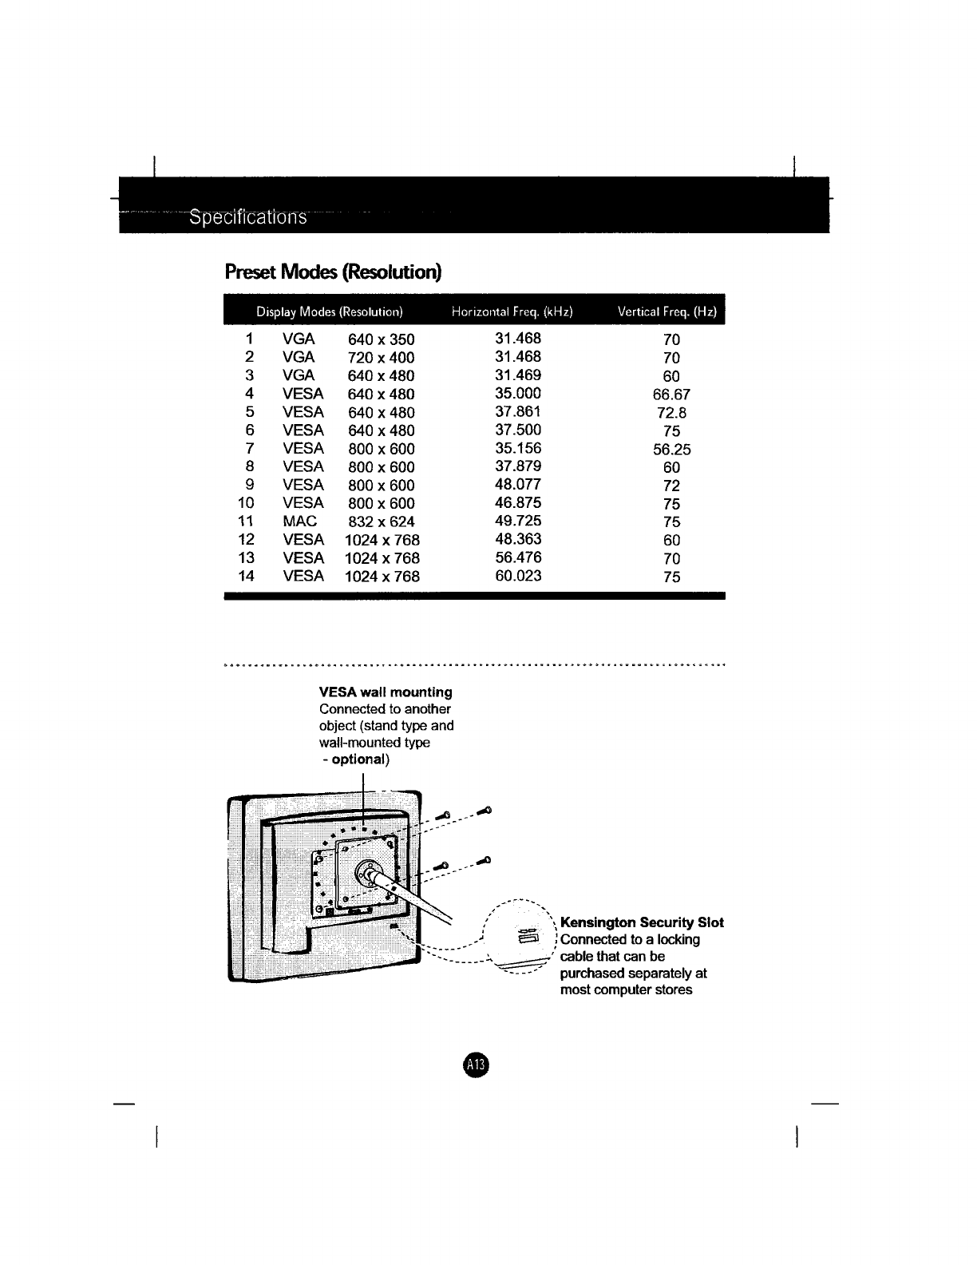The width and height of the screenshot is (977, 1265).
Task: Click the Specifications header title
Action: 247,218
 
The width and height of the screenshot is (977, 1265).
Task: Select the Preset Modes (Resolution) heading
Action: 333,272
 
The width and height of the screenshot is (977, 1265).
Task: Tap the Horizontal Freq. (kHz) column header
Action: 512,311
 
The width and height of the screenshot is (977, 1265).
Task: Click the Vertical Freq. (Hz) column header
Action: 667,311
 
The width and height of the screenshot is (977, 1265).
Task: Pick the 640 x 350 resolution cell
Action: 382,339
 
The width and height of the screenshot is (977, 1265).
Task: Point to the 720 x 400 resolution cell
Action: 382,358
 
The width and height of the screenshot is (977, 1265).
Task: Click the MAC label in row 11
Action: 300,521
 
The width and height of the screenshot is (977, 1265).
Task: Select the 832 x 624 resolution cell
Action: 382,521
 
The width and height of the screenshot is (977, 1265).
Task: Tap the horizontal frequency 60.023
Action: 518,576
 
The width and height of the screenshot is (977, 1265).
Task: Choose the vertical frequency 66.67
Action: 671,395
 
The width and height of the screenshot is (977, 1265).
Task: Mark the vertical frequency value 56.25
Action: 671,450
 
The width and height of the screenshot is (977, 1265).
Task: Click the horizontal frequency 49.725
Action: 518,521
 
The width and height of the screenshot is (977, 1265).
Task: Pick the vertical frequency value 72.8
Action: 671,413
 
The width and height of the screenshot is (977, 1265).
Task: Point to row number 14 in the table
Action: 247,576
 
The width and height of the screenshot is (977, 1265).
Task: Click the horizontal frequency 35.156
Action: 518,448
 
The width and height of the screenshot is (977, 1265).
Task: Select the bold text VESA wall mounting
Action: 386,692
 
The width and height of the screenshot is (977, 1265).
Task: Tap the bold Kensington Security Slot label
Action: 642,923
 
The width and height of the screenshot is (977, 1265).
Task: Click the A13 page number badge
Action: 477,1064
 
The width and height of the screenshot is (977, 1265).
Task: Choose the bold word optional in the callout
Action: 358,759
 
